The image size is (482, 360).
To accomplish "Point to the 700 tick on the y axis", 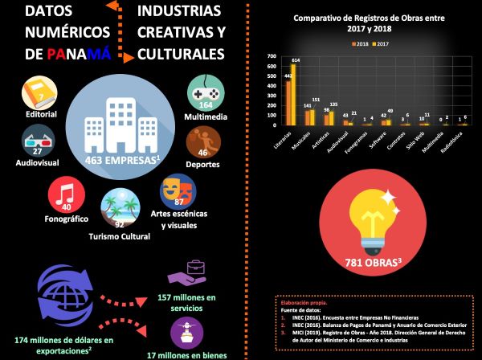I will (271, 56).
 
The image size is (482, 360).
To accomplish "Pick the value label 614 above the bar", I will (295, 60).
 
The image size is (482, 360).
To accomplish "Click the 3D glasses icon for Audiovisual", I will (37, 140).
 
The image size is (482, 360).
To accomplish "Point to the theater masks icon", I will (177, 190).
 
